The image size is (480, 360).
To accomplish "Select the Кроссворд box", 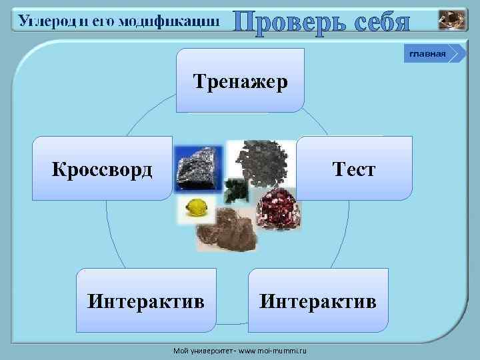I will pos(103,169).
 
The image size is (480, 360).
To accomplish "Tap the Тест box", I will pos(355,169).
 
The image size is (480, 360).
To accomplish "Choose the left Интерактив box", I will pos(146,301).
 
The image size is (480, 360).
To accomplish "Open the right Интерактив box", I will pos(318,301).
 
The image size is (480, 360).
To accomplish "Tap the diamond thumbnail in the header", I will pos(453,20).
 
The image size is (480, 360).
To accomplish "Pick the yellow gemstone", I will pos(197,209).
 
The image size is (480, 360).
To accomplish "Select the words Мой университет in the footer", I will pos(197,349).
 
